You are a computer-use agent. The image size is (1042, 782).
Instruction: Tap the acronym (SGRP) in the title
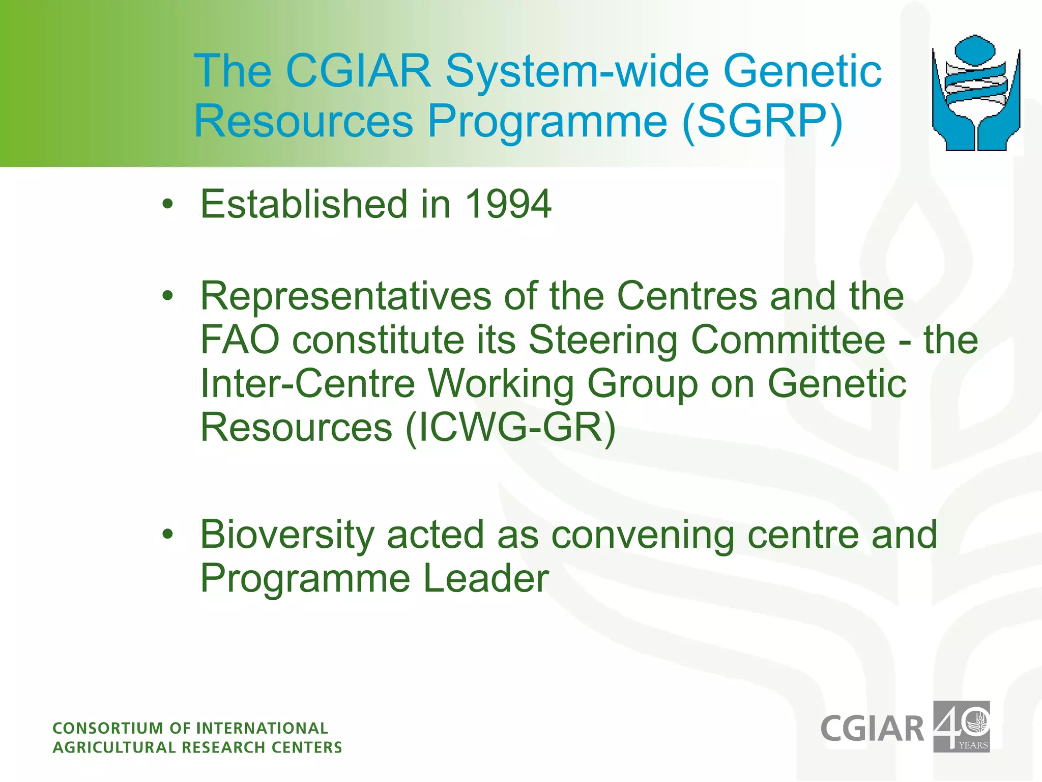[762, 122]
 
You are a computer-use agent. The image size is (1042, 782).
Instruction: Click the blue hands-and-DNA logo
[976, 93]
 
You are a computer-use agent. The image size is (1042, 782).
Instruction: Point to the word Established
[304, 204]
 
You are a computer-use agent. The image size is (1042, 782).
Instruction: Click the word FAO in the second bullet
[240, 340]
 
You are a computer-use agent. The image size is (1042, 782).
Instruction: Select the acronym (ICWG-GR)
[510, 428]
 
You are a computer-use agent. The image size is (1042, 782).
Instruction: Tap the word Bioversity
[287, 535]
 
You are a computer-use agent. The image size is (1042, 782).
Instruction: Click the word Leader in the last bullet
[486, 579]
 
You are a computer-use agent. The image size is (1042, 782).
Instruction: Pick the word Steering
[603, 341]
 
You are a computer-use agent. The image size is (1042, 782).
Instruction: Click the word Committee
[788, 340]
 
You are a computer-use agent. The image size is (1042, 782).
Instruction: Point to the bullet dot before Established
[168, 205]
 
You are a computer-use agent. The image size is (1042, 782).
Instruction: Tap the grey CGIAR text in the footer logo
[872, 729]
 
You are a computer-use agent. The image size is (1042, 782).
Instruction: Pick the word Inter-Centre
[307, 383]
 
